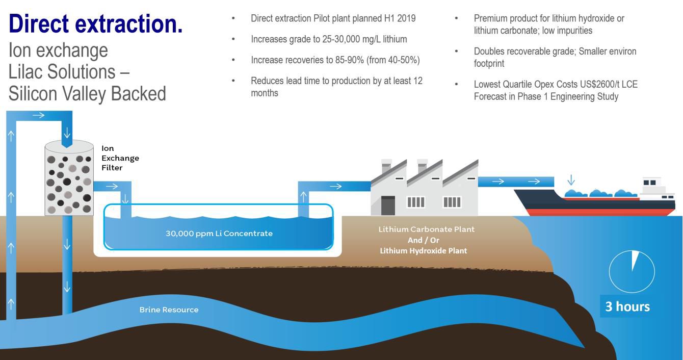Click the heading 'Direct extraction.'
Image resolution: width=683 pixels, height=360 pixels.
96,24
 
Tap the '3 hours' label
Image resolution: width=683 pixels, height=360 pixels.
627,306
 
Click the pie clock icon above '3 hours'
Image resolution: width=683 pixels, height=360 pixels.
632,271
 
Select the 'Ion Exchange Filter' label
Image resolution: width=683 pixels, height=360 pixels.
120,158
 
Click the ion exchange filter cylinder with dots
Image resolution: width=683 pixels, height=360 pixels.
69,178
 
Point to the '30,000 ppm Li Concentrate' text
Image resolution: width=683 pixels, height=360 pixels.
219,234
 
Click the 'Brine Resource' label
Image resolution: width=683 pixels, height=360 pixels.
169,310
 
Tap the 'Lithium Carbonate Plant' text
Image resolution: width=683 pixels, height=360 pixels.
427,229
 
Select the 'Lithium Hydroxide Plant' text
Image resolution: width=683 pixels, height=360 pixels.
423,251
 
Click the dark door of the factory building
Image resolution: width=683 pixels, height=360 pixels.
388,205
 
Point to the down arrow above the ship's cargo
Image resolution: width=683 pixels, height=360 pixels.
571,179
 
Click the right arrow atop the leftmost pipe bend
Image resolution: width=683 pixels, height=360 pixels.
39,115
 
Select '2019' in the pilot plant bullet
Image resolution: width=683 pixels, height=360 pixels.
406,18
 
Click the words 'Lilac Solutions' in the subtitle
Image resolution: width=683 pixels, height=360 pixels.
62,72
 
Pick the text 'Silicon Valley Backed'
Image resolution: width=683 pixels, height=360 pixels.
87,93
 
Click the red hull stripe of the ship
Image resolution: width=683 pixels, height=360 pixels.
599,212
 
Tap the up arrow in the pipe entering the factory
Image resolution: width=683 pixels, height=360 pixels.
303,197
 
